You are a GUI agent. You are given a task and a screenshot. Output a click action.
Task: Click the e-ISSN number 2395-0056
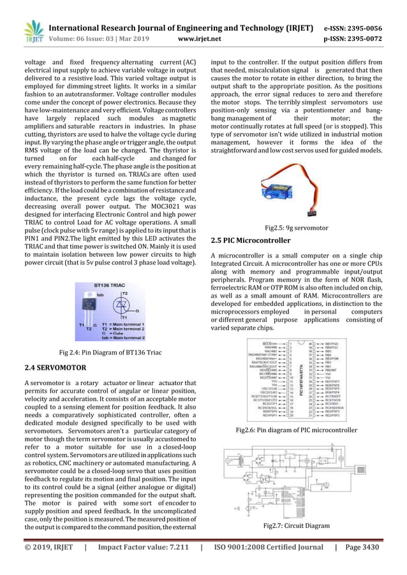(363, 28)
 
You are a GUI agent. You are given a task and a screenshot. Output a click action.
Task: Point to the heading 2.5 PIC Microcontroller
(250, 240)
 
